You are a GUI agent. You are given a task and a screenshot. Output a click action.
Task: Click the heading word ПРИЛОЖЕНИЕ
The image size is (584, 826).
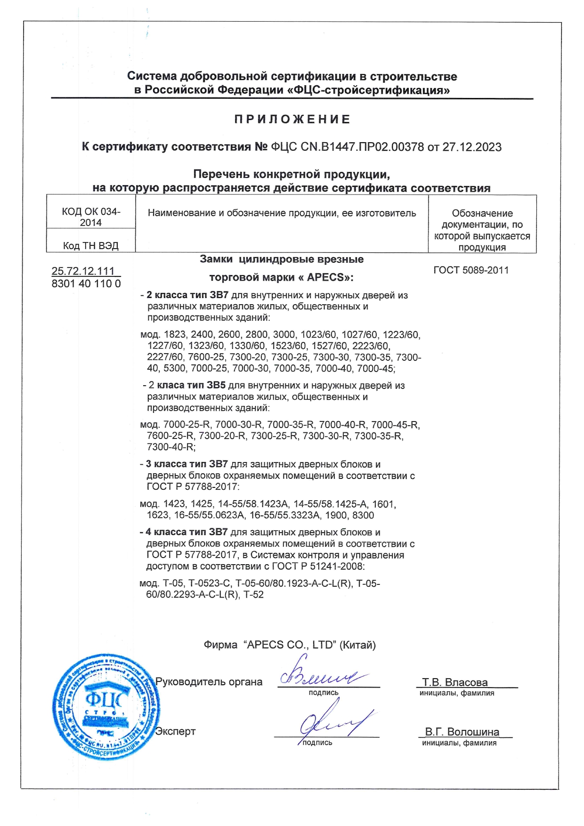click(x=292, y=120)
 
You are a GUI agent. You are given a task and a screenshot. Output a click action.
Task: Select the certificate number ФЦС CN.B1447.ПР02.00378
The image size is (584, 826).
click(x=347, y=147)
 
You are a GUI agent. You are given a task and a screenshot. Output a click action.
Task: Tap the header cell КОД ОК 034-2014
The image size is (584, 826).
click(x=91, y=217)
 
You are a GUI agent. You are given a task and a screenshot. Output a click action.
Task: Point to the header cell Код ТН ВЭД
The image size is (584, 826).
click(x=91, y=245)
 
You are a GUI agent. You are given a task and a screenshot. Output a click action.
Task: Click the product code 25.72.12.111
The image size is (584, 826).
click(x=83, y=271)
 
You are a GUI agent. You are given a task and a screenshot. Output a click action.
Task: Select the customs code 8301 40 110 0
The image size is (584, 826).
click(x=86, y=283)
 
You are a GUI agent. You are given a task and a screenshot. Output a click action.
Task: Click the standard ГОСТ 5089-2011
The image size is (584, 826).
click(x=471, y=270)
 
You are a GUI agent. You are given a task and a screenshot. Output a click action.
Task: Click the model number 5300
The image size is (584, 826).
click(x=175, y=368)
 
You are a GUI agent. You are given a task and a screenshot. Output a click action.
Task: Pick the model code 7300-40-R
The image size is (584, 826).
click(x=170, y=447)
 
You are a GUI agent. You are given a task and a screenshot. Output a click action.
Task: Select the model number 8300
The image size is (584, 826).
click(x=363, y=515)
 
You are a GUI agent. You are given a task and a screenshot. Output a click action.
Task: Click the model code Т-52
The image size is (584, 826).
click(x=253, y=595)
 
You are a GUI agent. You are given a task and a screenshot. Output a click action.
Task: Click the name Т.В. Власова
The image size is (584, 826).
click(x=454, y=682)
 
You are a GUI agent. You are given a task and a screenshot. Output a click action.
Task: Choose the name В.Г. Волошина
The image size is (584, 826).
click(x=462, y=732)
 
